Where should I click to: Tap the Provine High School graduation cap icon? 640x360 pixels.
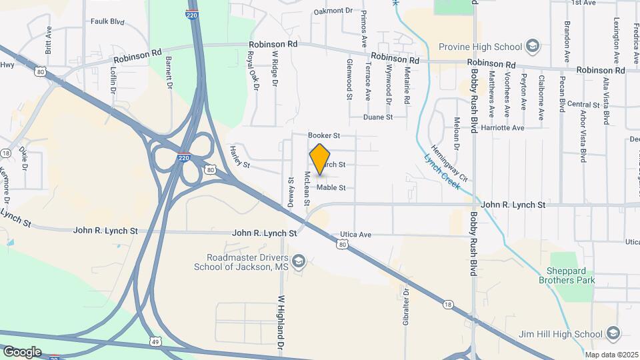tap(532, 46)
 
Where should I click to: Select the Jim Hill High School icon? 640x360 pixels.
tap(613, 333)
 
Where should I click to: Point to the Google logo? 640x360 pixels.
tap(21, 351)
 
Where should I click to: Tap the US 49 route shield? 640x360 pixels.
tap(155, 341)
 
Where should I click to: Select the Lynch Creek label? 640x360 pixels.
tap(441, 173)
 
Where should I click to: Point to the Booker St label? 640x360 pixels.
tap(324, 135)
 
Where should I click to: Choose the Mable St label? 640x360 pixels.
tap(331, 188)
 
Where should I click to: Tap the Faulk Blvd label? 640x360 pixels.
tap(107, 21)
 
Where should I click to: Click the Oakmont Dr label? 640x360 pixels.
tap(333, 11)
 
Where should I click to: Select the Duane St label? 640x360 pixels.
tap(378, 117)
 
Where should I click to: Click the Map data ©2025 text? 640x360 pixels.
tap(609, 354)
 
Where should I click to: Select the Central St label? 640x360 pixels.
tap(583, 105)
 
